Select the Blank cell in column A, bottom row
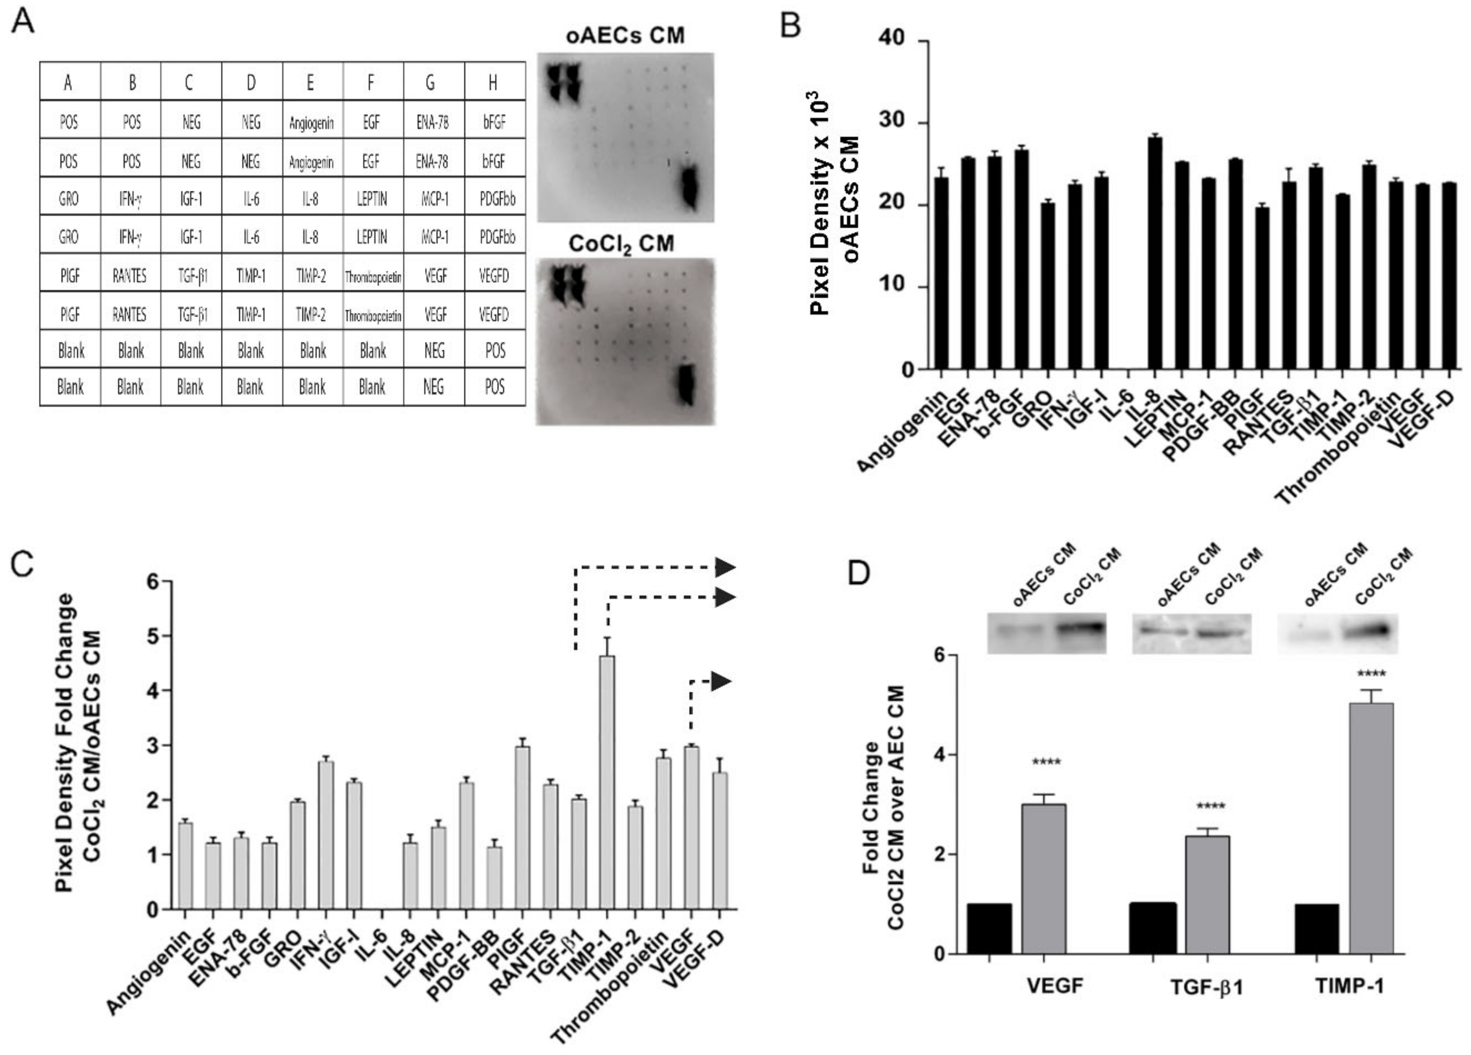(70, 387)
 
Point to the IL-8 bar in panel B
(1155, 253)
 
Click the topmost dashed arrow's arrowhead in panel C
(725, 567)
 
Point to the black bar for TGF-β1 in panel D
(1152, 928)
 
